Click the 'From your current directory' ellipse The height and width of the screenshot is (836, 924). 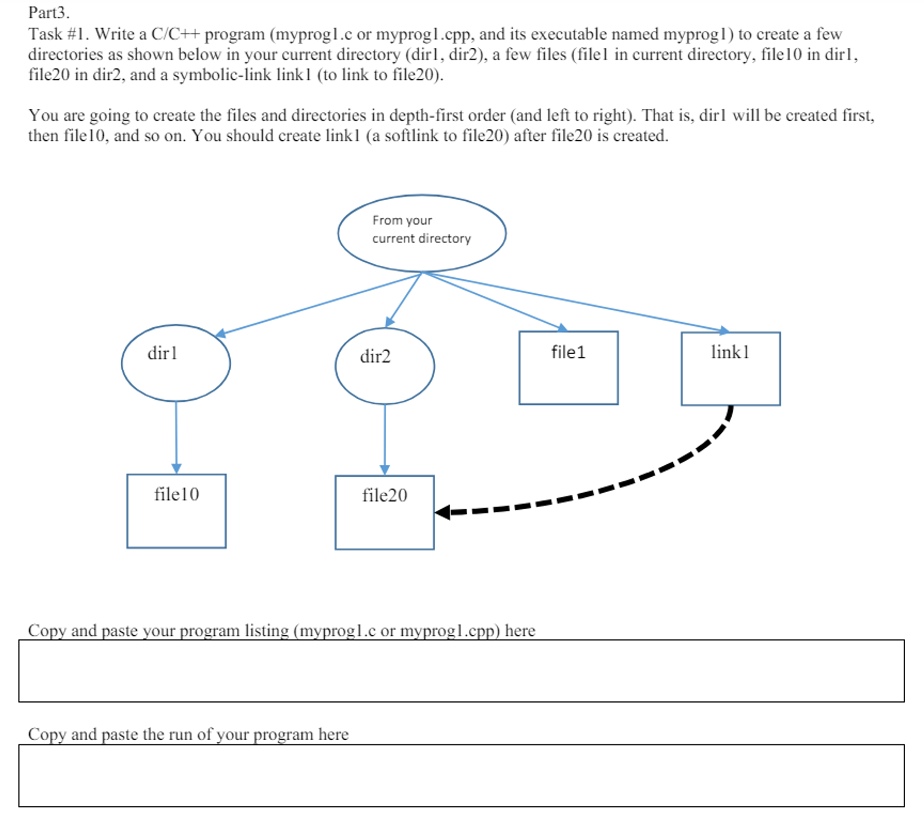(x=422, y=233)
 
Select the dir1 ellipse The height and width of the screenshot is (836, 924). (x=175, y=363)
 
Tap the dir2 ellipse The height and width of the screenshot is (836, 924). (x=385, y=366)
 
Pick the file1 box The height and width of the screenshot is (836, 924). (x=568, y=368)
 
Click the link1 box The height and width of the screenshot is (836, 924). (x=730, y=369)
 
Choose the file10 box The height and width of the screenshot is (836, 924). (x=176, y=511)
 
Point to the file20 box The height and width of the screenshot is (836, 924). (x=385, y=512)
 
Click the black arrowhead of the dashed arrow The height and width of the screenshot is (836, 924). (x=443, y=512)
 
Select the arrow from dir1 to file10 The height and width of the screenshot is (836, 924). (x=176, y=436)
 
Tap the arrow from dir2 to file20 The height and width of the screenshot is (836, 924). (x=385, y=439)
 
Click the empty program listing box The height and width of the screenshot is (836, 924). (x=461, y=671)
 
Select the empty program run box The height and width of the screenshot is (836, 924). (x=461, y=775)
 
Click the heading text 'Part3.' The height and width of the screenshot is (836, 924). (x=49, y=13)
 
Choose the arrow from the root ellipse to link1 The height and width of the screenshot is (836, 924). (x=575, y=302)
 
